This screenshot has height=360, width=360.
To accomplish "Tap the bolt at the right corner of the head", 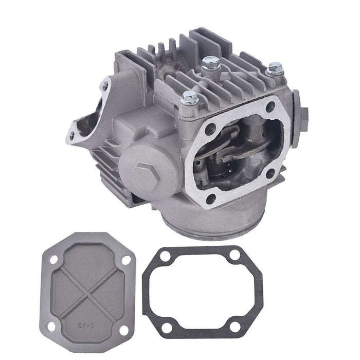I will coord(275,68).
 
